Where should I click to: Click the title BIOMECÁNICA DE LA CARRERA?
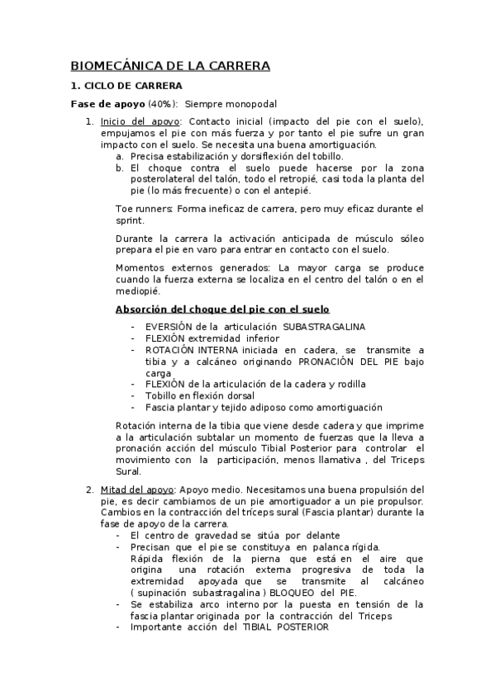[170, 65]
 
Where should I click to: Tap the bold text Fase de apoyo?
[107, 104]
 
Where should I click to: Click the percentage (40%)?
[162, 104]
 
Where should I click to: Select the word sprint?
[130, 220]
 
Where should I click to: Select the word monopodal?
[250, 104]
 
